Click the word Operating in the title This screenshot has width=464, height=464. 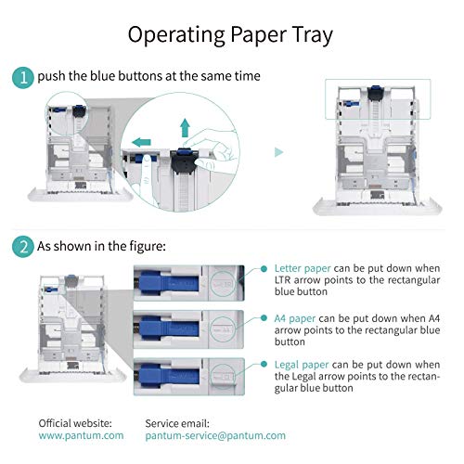176,35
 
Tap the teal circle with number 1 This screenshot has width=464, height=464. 23,78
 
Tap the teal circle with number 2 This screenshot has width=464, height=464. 23,247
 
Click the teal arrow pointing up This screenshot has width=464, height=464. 185,127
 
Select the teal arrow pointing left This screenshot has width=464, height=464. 141,142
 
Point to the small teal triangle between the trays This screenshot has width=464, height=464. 279,152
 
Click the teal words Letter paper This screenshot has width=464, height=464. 303,268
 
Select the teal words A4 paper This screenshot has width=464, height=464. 295,318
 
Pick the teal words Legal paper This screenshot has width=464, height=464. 302,365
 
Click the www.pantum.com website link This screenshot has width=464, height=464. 81,435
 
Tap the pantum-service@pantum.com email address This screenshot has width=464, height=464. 215,435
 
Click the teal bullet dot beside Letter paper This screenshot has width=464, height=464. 264,269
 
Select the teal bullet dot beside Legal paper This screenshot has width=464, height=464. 264,364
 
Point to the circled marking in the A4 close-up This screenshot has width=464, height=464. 224,329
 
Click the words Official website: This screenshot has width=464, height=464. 75,423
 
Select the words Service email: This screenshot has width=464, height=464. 177,423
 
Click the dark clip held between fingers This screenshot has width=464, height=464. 185,161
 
